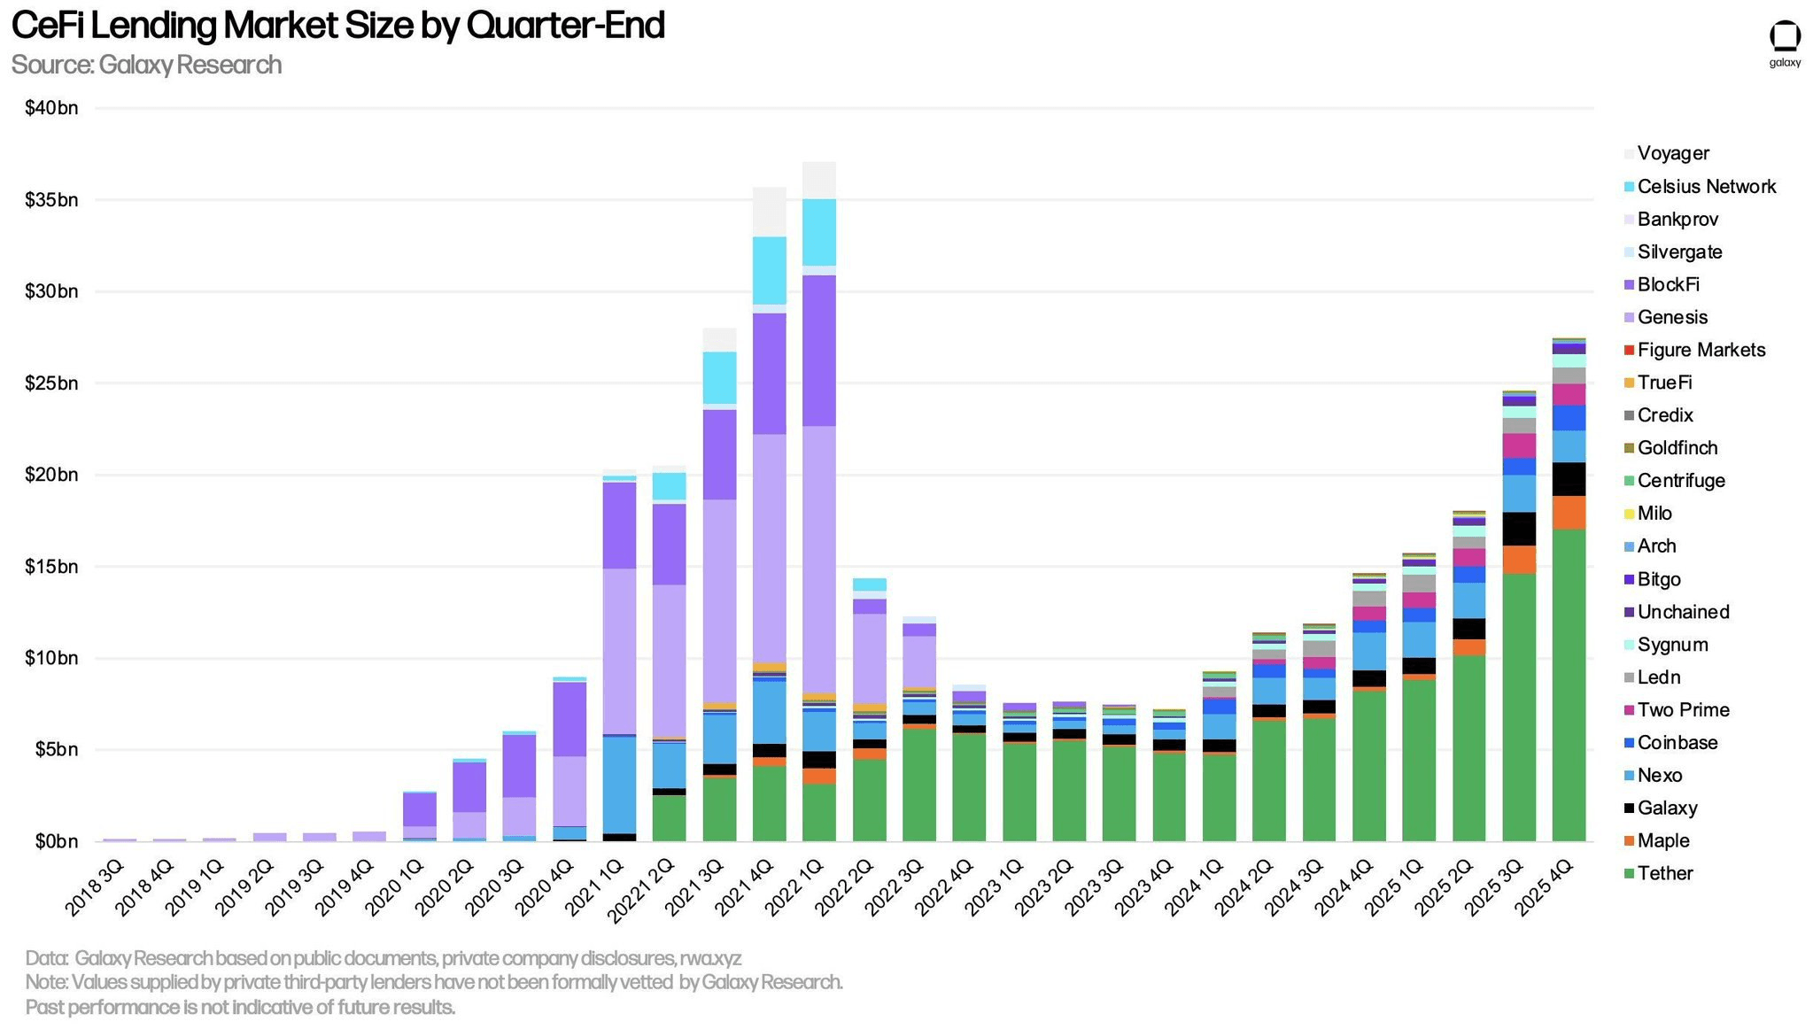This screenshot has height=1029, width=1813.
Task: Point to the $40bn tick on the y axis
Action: [51, 108]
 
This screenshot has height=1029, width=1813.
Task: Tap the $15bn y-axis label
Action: [51, 567]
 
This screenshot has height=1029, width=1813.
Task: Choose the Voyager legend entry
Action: [1673, 153]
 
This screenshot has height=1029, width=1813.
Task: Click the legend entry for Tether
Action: [1665, 873]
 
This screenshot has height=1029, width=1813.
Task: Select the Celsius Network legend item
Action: [1706, 186]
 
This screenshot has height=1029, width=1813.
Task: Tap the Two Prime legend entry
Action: [1683, 709]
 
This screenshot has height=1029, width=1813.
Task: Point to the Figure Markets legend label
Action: [1701, 350]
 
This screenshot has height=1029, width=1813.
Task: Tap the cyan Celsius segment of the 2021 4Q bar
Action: [770, 270]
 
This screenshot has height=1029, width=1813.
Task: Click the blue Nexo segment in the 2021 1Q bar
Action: [619, 784]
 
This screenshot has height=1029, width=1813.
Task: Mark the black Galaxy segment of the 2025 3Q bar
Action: [1519, 529]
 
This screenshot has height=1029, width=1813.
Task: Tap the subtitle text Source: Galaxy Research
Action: [146, 65]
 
